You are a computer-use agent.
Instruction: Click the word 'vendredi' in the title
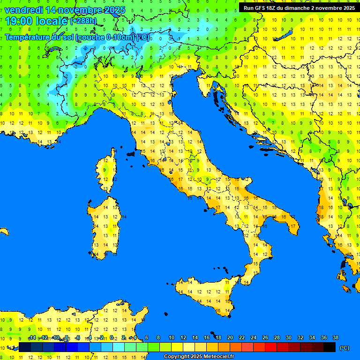23,10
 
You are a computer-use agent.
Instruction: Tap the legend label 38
335,337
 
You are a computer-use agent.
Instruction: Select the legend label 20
230,337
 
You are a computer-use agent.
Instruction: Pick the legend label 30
288,337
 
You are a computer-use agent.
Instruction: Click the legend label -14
32,337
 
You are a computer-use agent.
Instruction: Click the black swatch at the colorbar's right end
330,347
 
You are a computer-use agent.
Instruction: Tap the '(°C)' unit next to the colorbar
344,348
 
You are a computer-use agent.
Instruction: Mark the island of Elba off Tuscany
131,154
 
